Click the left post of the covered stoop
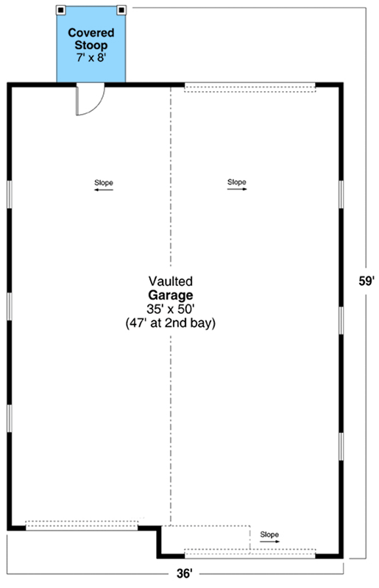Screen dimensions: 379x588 click(61, 10)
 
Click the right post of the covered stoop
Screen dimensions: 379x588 click(121, 10)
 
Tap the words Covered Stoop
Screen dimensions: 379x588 click(91, 39)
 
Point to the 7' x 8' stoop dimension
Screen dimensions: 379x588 click(91, 58)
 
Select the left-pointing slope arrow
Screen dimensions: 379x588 click(103, 190)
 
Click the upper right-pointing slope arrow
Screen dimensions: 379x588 click(237, 189)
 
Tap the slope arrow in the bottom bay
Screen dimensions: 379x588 click(269, 542)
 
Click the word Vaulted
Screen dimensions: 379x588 click(171, 281)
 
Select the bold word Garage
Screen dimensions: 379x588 click(171, 295)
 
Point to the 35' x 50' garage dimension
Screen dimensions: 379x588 click(171, 309)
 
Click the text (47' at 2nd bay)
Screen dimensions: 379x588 click(171, 323)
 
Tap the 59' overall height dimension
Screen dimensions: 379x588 click(366, 281)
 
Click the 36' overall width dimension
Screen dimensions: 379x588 click(185, 573)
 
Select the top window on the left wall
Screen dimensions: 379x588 click(10, 194)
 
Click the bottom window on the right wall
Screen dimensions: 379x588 click(341, 447)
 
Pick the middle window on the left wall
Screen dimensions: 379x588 click(10, 306)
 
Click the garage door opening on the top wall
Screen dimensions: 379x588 click(249, 87)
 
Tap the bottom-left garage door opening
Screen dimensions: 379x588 click(82, 525)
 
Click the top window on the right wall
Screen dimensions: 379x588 click(341, 194)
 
